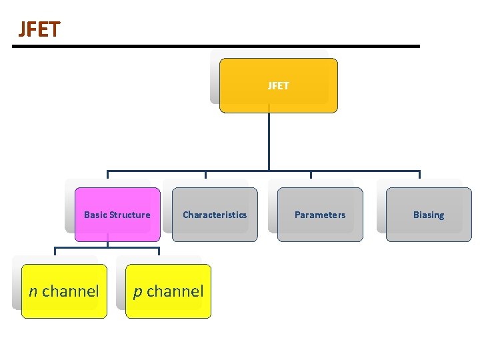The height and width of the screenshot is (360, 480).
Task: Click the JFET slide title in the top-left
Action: pyautogui.click(x=39, y=29)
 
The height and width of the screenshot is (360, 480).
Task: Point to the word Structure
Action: pyautogui.click(x=129, y=215)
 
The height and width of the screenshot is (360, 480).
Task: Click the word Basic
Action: pyautogui.click(x=95, y=215)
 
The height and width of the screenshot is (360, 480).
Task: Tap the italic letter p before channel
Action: pyautogui.click(x=137, y=292)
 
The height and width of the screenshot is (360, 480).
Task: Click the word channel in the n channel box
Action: pyautogui.click(x=71, y=291)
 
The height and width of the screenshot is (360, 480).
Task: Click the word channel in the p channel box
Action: pyautogui.click(x=175, y=291)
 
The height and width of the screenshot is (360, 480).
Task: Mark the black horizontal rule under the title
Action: pyautogui.click(x=216, y=46)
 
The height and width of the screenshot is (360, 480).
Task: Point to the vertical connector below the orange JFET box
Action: pyautogui.click(x=269, y=140)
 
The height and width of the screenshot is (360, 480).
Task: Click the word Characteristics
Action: pyautogui.click(x=215, y=215)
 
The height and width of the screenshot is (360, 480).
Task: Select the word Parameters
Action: pyautogui.click(x=320, y=215)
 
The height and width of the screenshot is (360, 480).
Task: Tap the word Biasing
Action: pyautogui.click(x=429, y=215)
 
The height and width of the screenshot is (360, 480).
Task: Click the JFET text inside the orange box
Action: pyautogui.click(x=279, y=85)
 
